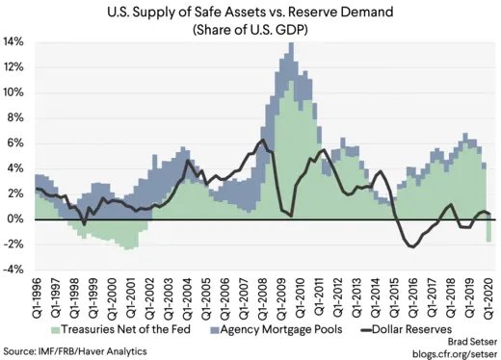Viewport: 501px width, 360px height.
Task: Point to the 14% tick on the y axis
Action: tap(17, 43)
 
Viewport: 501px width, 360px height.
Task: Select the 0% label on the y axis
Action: tap(19, 219)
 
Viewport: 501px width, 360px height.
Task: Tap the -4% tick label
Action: tap(17, 269)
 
